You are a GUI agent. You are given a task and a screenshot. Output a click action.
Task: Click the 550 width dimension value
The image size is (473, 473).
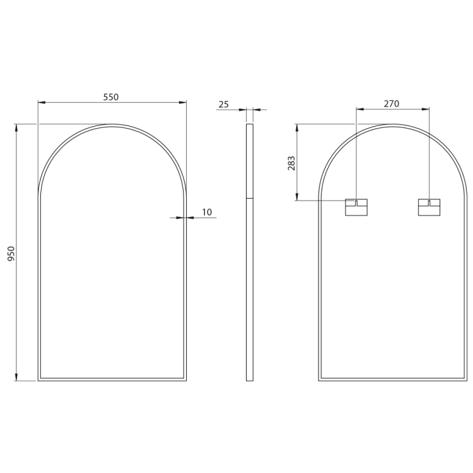tap(111, 97)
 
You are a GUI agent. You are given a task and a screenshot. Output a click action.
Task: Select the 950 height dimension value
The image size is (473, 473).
tap(11, 254)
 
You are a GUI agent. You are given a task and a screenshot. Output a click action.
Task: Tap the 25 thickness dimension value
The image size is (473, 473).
tap(223, 105)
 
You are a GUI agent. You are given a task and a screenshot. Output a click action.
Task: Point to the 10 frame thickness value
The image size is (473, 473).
tap(207, 212)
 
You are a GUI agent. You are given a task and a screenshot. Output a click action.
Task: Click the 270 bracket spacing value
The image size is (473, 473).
tap(392, 104)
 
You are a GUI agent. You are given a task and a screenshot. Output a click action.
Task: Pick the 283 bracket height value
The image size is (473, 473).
tap(291, 163)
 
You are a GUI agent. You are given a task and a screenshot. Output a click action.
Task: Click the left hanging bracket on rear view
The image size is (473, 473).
tap(356, 207)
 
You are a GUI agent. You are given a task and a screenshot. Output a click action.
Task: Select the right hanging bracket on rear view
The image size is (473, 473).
tap(429, 207)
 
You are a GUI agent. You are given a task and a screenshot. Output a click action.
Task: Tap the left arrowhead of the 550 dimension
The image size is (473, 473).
tap(42, 103)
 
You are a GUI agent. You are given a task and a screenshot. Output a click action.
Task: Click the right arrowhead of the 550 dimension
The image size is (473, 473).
tap(183, 103)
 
